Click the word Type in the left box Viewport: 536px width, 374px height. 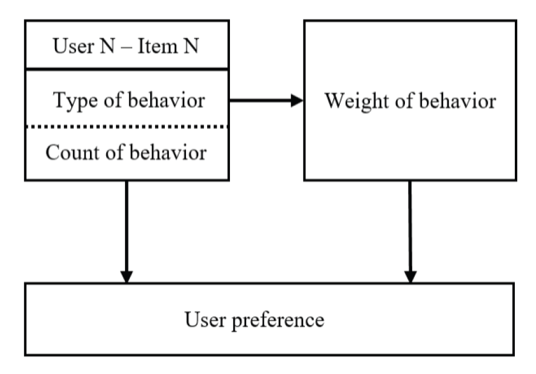(71, 100)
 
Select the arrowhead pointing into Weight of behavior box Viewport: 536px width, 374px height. (296, 100)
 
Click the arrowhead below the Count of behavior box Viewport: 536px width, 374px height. (126, 276)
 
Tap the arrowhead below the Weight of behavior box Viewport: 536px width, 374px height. (410, 276)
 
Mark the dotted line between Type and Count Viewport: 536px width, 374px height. (127, 127)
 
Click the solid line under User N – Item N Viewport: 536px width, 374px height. (127, 69)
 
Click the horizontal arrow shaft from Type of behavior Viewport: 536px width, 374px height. (260, 100)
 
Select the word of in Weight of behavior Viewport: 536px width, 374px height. (398, 100)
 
